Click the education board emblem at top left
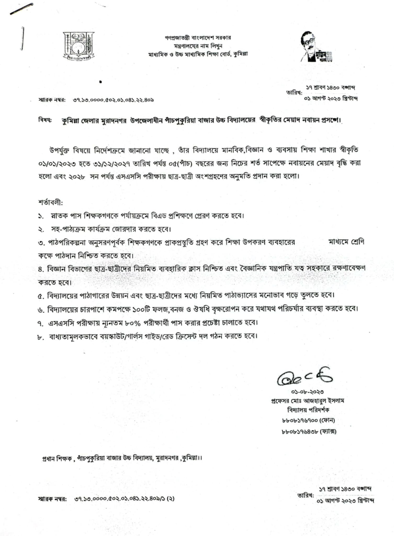pyautogui.click(x=78, y=46)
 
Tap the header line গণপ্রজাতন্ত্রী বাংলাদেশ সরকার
pyautogui.click(x=198, y=38)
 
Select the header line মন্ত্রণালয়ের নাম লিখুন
pyautogui.click(x=198, y=46)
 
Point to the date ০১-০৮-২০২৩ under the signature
pyautogui.click(x=307, y=392)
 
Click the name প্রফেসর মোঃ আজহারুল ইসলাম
pyautogui.click(x=307, y=401)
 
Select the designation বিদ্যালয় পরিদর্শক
pyautogui.click(x=308, y=410)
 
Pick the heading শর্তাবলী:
pyautogui.click(x=50, y=203)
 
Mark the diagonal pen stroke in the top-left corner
pyautogui.click(x=21, y=9)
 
